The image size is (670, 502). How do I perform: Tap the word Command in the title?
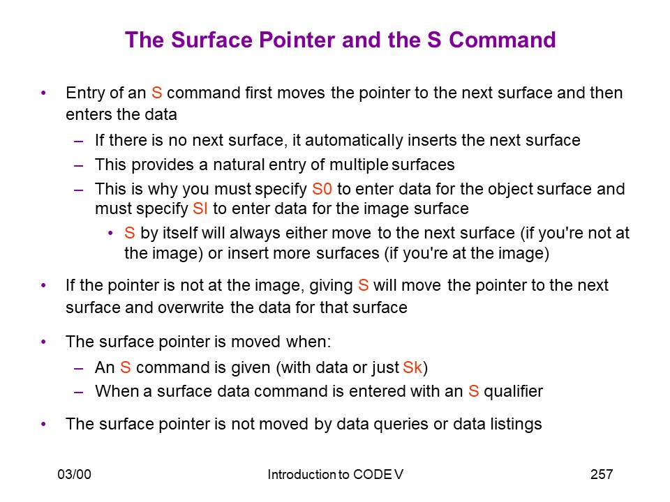tap(502, 40)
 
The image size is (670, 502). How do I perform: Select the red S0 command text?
tap(322, 189)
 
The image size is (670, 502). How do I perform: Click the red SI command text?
tap(200, 208)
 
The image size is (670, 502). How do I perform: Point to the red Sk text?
tap(412, 367)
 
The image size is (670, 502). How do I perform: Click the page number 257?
tap(602, 474)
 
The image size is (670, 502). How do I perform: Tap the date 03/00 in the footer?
tap(75, 474)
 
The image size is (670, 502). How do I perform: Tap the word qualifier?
tap(513, 391)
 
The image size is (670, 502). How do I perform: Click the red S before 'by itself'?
tap(130, 233)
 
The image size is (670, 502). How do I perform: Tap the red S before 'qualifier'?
tap(473, 391)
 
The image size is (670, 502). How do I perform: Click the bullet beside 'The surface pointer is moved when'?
tap(43, 342)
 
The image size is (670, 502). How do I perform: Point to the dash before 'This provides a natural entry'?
tap(78, 165)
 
